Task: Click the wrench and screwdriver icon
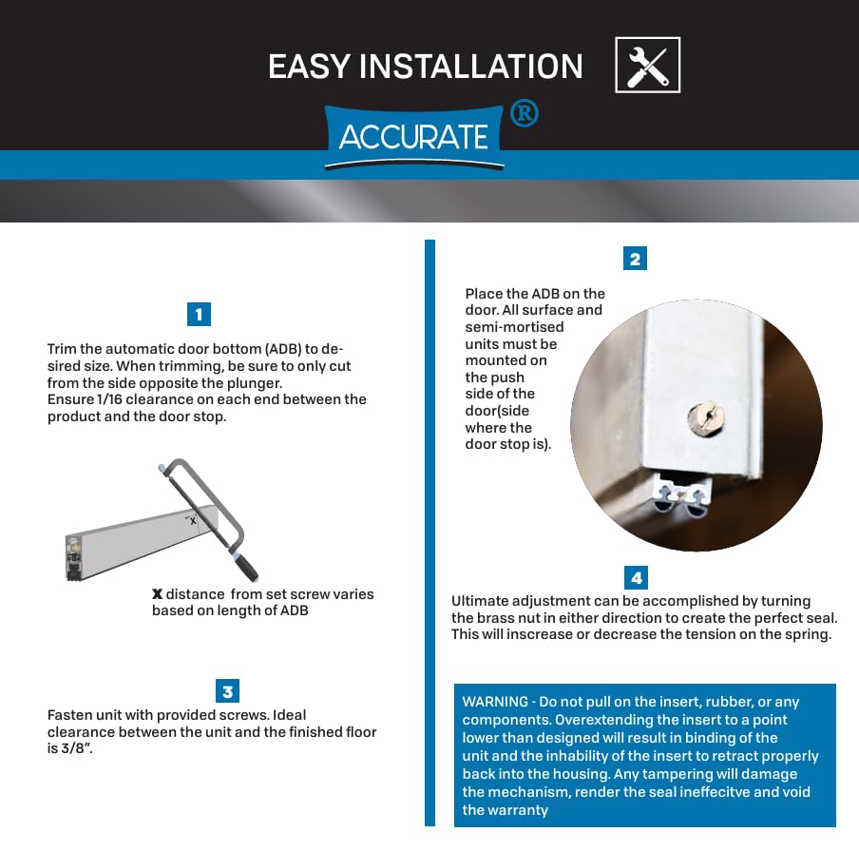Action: pyautogui.click(x=647, y=66)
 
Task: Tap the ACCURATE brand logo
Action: pyautogui.click(x=413, y=137)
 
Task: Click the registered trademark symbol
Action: pyautogui.click(x=525, y=113)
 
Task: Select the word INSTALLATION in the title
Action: pyautogui.click(x=470, y=67)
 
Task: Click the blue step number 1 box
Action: pyautogui.click(x=199, y=314)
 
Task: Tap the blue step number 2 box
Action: pyautogui.click(x=635, y=259)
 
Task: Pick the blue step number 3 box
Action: pyautogui.click(x=227, y=690)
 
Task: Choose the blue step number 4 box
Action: pyautogui.click(x=636, y=577)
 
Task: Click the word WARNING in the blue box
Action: pyautogui.click(x=495, y=702)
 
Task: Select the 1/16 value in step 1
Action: pyautogui.click(x=109, y=399)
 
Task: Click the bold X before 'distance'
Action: pyautogui.click(x=157, y=594)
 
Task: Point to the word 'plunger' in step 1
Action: pyautogui.click(x=251, y=383)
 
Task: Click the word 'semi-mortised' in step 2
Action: pyautogui.click(x=514, y=327)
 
